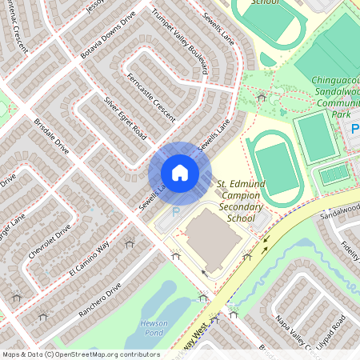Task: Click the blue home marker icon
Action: pyautogui.click(x=179, y=172)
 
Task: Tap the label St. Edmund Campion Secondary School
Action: pyautogui.click(x=240, y=201)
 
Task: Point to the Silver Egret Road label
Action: pyautogui.click(x=125, y=117)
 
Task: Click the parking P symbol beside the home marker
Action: pyautogui.click(x=176, y=213)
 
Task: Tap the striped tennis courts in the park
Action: pyautogui.click(x=335, y=174)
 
